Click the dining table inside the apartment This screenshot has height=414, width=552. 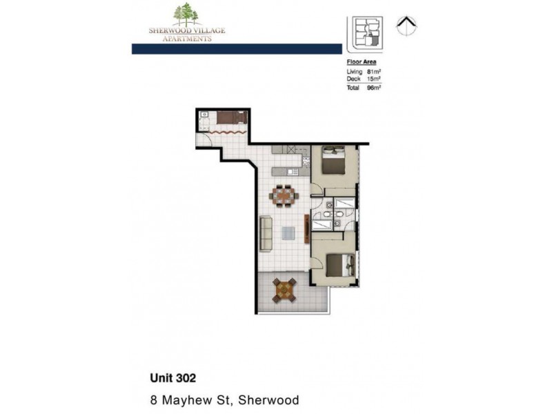pos(284,196)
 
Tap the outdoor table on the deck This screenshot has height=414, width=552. pos(284,289)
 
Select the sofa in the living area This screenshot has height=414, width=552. pos(266,234)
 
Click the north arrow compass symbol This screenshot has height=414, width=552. pos(407,26)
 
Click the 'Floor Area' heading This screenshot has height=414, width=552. pos(361,62)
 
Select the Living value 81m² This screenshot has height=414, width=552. pos(375,72)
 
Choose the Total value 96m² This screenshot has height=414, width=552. pos(375,88)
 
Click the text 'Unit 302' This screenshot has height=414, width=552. pos(173,377)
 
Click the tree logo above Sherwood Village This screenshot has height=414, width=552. pos(187,14)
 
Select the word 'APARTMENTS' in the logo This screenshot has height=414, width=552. pos(187,39)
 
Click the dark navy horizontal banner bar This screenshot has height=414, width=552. pos(237,49)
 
